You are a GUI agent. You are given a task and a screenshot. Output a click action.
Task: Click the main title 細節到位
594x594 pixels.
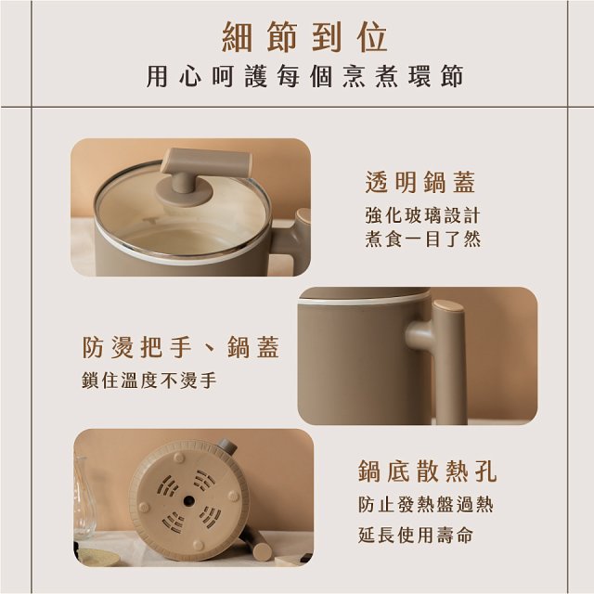pos(305,37)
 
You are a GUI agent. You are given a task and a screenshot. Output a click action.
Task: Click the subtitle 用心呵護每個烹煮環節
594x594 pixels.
pos(305,77)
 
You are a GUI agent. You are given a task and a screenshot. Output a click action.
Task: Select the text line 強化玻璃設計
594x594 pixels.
pos(422,215)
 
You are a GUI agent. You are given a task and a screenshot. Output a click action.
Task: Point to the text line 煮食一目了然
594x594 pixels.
pos(422,239)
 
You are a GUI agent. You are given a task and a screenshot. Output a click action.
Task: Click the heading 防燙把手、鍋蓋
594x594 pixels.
pos(181,349)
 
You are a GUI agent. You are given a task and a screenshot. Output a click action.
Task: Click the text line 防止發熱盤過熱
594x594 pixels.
pos(426,506)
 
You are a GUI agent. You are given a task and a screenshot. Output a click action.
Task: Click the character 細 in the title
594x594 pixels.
pos(239,37)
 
